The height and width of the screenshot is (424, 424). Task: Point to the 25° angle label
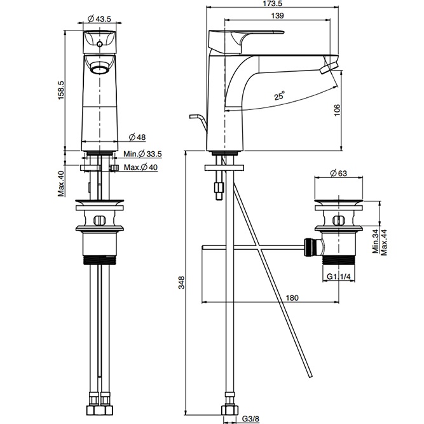(279, 97)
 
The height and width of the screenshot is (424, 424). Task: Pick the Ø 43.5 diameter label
(99, 18)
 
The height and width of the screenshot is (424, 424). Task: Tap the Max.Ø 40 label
(140, 167)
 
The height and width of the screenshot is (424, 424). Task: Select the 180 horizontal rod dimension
(292, 297)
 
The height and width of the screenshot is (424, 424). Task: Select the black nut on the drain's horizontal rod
(310, 246)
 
